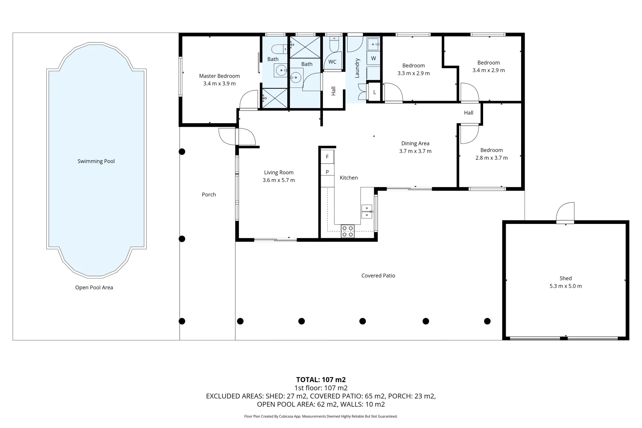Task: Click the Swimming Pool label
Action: [96, 161]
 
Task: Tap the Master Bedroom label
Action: [220, 76]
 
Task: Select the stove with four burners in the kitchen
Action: [348, 231]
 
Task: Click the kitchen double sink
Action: [367, 212]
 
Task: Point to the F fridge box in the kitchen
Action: [327, 157]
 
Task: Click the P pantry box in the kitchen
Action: [327, 172]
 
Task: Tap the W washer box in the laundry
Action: [373, 59]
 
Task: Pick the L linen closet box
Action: [374, 92]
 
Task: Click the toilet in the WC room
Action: [334, 44]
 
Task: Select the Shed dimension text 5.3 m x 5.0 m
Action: [566, 286]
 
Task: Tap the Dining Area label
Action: [415, 143]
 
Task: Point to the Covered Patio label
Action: [378, 275]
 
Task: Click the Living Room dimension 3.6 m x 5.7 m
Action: [279, 180]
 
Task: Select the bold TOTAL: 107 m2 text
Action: [321, 380]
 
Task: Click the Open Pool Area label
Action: [94, 288]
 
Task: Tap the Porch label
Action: [208, 194]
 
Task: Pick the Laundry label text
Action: [357, 68]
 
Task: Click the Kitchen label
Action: [348, 178]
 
